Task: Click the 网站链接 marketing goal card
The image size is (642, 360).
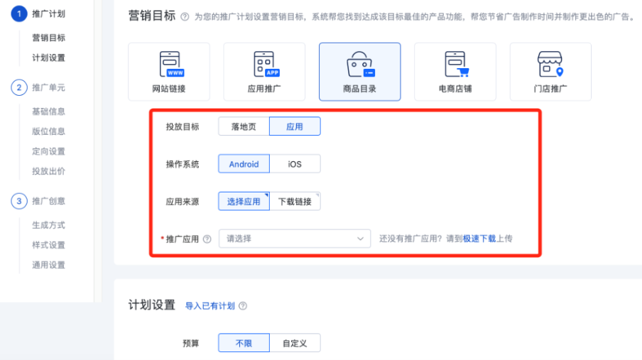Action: [169, 72]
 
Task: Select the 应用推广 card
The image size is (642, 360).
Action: [264, 72]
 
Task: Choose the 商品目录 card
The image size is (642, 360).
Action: [359, 72]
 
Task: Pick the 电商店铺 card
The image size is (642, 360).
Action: [455, 72]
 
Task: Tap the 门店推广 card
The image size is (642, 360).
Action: [550, 72]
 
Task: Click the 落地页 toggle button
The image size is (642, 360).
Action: [244, 126]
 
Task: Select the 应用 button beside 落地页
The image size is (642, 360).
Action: [295, 126]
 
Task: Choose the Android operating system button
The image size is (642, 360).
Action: [244, 164]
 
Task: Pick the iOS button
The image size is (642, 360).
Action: [295, 164]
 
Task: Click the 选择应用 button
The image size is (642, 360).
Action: [244, 202]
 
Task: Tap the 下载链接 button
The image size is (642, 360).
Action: [295, 202]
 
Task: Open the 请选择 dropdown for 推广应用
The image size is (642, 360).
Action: [295, 239]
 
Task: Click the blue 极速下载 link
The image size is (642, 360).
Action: [479, 239]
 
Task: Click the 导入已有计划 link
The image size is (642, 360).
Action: [210, 306]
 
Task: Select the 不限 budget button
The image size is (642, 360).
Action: [244, 344]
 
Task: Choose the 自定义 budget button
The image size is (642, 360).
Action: [295, 344]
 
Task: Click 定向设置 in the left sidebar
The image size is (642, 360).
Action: [48, 151]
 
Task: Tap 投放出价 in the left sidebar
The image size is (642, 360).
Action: [48, 171]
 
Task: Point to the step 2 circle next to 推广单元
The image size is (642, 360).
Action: [18, 87]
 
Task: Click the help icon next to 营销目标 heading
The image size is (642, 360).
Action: [185, 16]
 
